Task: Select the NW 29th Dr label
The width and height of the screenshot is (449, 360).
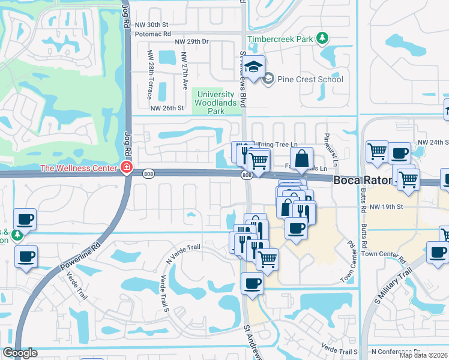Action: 191,41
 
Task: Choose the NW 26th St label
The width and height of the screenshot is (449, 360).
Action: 166,108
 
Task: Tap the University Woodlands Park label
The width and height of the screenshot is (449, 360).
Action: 215,103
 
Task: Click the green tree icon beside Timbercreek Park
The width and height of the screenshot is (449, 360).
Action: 323,38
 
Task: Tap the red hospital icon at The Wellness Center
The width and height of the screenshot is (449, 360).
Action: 127,168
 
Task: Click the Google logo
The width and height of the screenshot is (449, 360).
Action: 20,353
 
